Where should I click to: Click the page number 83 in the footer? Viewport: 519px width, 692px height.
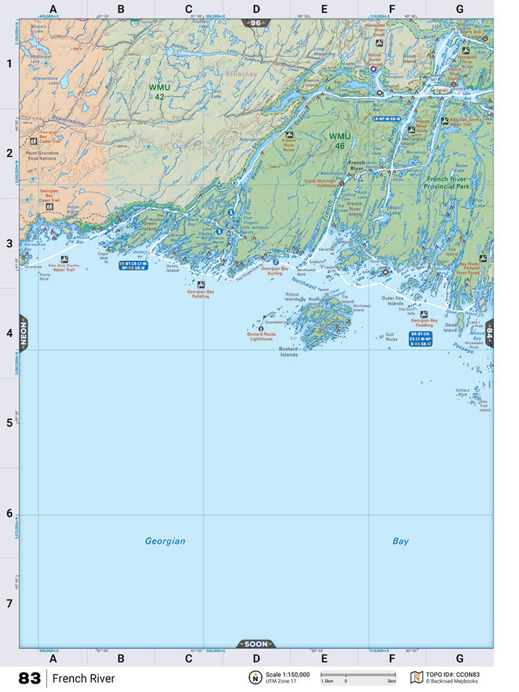point(29,678)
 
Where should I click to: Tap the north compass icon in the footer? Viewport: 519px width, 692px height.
point(253,678)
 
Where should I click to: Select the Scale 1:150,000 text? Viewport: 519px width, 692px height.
point(288,674)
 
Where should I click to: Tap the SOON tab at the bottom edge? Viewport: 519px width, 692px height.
point(256,644)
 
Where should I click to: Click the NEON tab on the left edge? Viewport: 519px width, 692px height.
point(24,334)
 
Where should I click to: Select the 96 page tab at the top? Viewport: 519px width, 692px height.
point(256,23)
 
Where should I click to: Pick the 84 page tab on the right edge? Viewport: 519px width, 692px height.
point(489,334)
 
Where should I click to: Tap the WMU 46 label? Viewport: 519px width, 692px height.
point(340,141)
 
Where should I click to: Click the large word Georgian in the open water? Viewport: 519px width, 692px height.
point(165,541)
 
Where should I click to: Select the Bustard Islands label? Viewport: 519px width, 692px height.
point(289,352)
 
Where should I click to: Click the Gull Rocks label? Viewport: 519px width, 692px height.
point(391,337)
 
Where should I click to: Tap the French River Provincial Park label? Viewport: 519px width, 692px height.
point(448,183)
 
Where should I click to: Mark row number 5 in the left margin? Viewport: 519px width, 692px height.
point(9,423)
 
